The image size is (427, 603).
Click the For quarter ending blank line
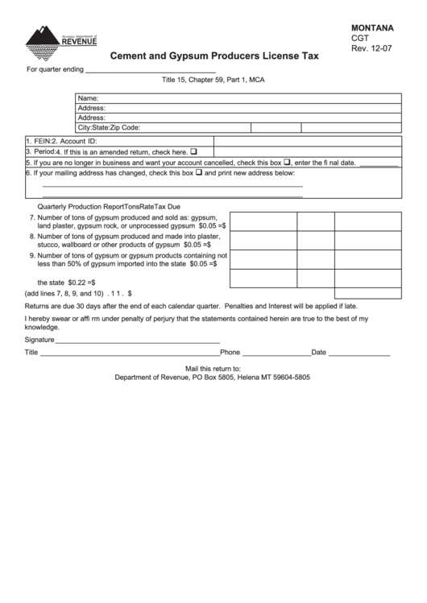coord(150,71)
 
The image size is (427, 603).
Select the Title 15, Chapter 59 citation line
coord(213,81)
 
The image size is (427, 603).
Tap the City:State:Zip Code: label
coord(109,127)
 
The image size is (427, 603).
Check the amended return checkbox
coord(193,151)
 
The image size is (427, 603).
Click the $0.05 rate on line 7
coord(212,226)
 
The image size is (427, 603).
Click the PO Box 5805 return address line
coord(213,377)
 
